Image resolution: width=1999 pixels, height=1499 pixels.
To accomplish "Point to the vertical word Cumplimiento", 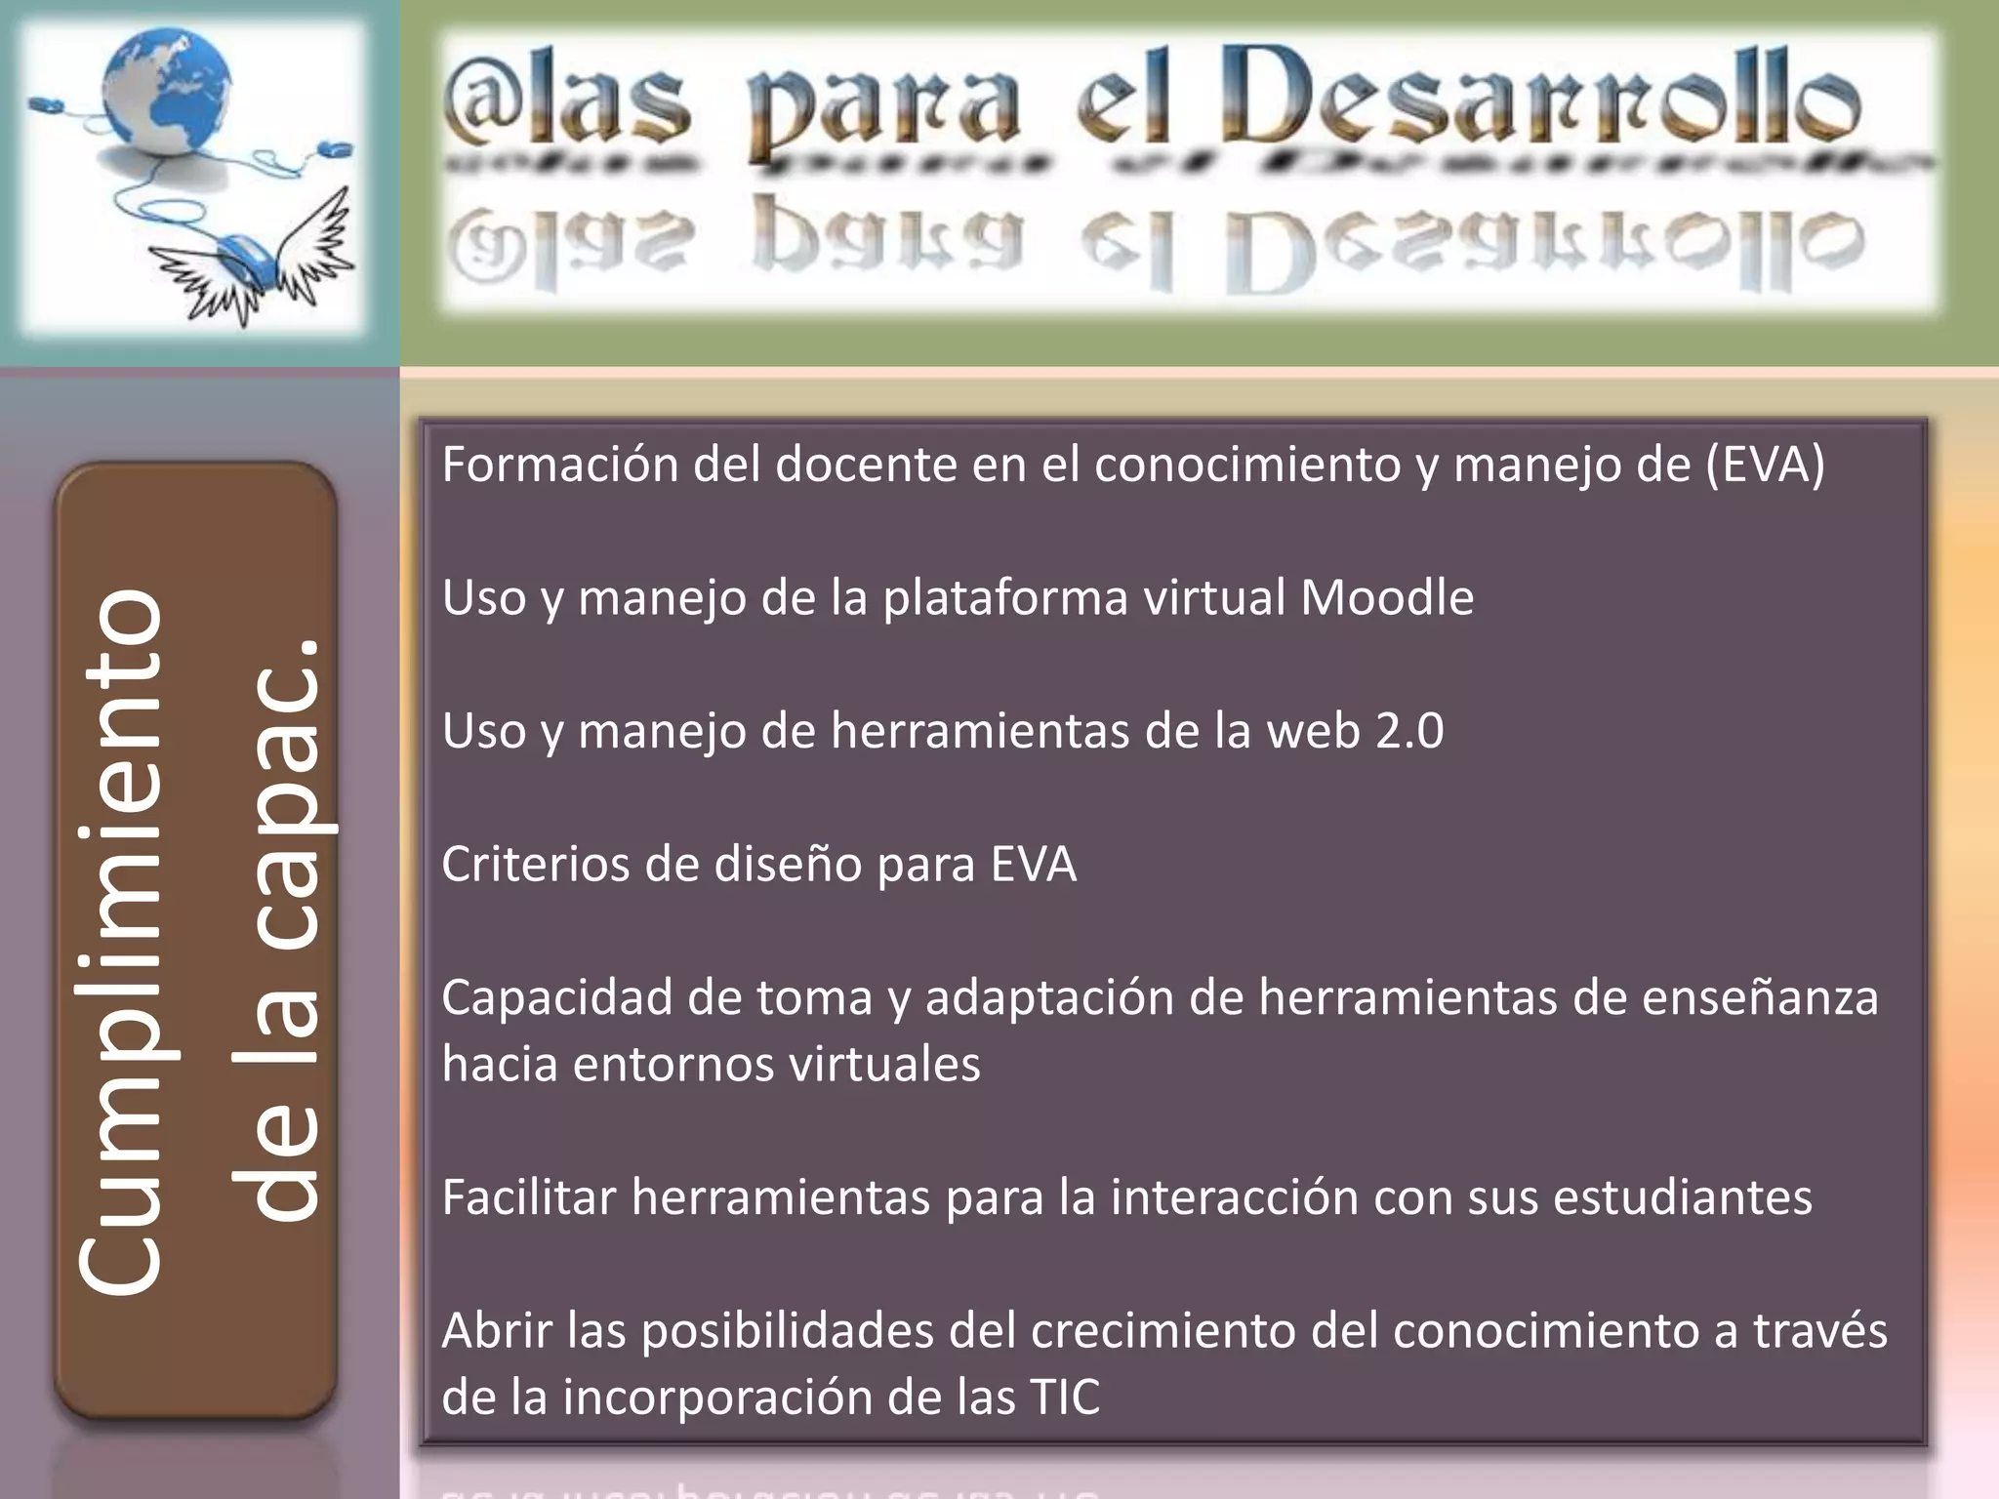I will (122, 942).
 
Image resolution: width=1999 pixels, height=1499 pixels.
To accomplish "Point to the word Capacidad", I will (555, 998).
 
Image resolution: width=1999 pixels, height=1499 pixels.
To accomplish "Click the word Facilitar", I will (528, 1197).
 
